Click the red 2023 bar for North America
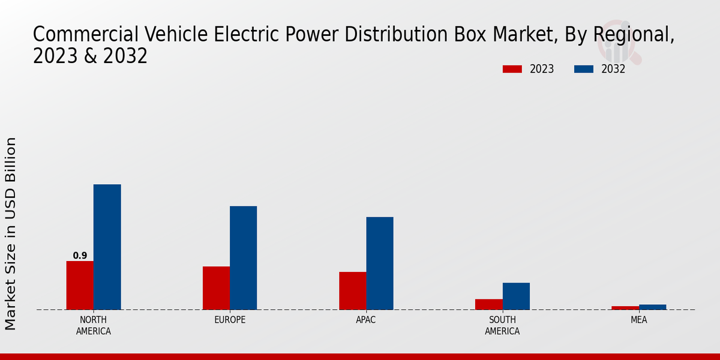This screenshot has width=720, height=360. (80, 286)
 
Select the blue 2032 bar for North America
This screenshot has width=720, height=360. (107, 247)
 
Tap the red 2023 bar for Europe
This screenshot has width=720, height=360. (216, 288)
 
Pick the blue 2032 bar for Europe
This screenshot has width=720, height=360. (243, 258)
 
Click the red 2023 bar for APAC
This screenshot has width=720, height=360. (352, 291)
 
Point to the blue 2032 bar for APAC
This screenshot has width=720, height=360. (380, 263)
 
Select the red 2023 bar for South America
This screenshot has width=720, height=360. (488, 304)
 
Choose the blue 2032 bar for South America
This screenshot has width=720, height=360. (516, 296)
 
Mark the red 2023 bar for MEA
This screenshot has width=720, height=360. (625, 308)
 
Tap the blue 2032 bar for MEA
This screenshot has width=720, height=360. (652, 307)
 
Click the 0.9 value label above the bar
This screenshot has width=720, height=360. (80, 256)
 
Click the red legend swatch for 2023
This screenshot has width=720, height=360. (512, 69)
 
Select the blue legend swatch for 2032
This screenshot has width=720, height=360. (584, 69)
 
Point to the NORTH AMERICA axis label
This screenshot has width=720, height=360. (94, 325)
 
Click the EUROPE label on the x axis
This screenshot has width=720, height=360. (230, 320)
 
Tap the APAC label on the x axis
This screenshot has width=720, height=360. (366, 320)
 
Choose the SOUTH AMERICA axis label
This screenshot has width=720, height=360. (502, 325)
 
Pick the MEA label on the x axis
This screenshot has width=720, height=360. (638, 320)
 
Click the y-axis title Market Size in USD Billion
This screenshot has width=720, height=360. (11, 233)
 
